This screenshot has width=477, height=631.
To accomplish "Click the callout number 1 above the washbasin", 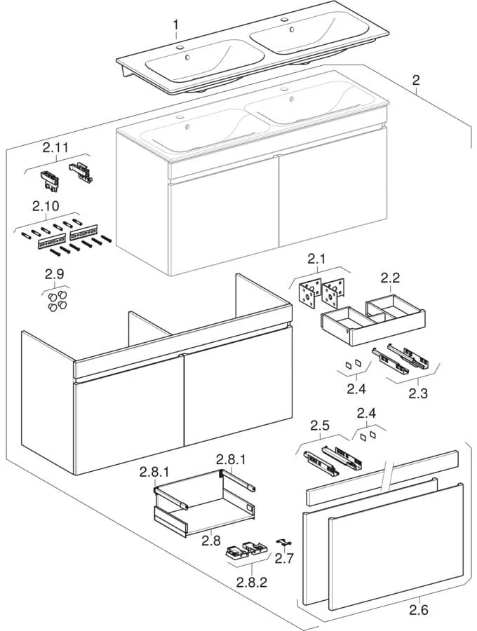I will click(175, 26).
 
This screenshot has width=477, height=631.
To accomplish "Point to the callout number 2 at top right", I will click(416, 81).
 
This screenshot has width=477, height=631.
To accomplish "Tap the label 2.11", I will click(55, 148).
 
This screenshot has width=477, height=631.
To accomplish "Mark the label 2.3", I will click(418, 393).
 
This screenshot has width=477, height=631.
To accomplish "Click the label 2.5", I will click(320, 426).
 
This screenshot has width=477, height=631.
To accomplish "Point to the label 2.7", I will click(284, 558).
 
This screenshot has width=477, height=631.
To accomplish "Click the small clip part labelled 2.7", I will click(283, 543).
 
